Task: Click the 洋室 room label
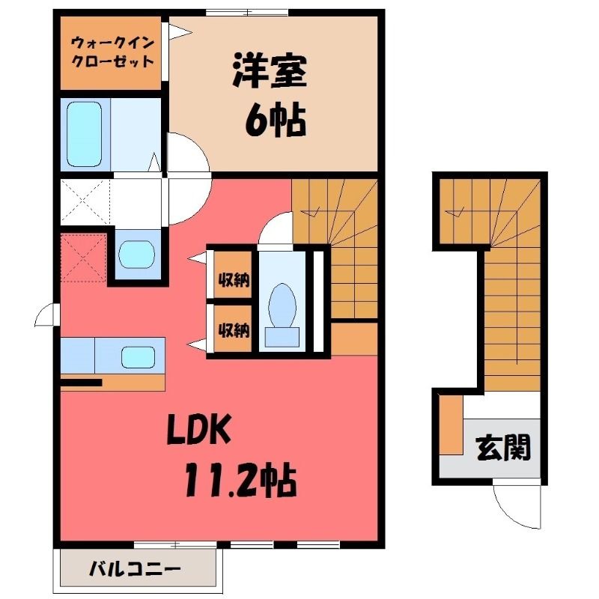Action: (270, 71)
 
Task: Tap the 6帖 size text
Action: (275, 121)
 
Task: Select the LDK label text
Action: (199, 429)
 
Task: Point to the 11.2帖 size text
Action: (240, 479)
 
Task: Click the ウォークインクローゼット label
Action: (113, 52)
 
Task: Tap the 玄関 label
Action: (504, 447)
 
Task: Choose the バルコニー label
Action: (135, 570)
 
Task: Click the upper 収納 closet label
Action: (234, 280)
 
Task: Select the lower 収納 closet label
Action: (234, 329)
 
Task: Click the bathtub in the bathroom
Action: (85, 134)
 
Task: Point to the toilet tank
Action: (282, 337)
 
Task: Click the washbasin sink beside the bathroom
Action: (136, 254)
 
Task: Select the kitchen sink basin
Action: (139, 358)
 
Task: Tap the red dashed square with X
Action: (83, 258)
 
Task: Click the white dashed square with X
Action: (85, 201)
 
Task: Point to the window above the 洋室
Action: (247, 13)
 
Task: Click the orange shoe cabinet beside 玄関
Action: (451, 425)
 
